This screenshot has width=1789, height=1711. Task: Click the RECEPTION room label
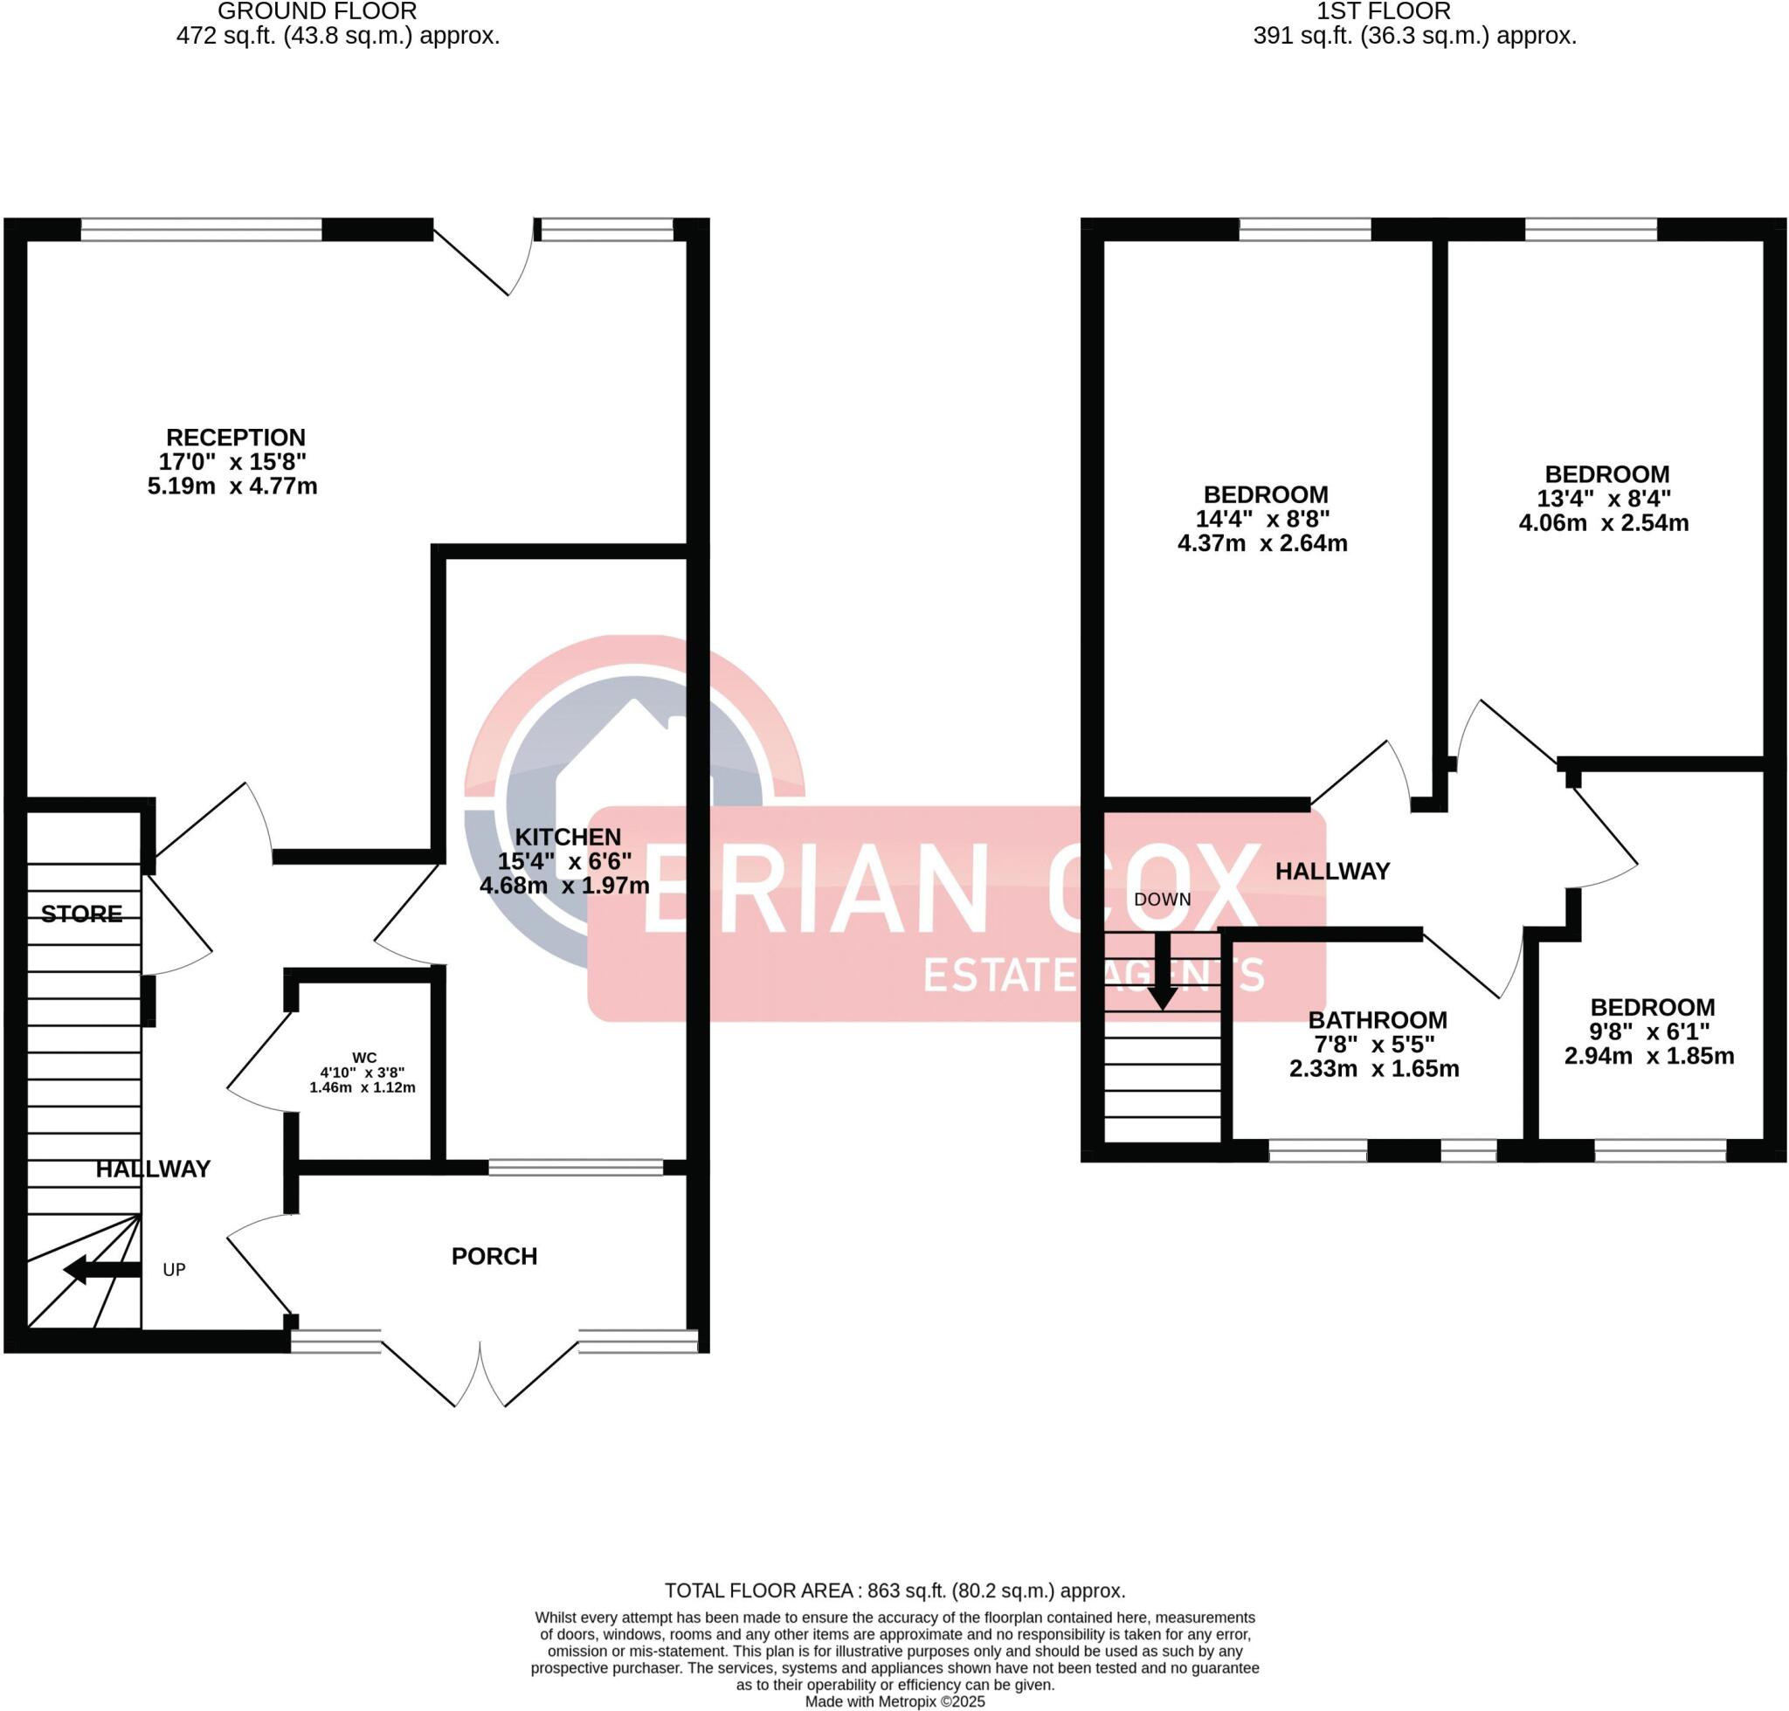coord(235,438)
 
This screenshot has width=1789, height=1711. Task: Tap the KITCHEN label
coord(568,837)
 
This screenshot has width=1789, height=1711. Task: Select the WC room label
coord(364,1058)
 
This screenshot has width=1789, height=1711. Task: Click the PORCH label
coord(494,1257)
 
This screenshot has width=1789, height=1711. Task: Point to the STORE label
coord(81,914)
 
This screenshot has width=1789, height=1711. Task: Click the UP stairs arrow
coord(100,1270)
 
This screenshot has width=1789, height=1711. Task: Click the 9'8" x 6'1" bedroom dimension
coord(1649,1031)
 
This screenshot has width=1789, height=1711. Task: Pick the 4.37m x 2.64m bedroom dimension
coord(1262,543)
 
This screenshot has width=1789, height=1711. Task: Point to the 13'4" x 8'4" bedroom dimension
coord(1604,499)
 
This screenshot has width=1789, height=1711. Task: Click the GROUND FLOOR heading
coord(317,12)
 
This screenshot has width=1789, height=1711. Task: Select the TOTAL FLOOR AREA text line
coord(894,1591)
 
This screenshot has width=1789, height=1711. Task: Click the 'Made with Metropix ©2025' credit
coord(894,1702)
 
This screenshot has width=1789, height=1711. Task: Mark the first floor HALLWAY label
coord(1332,871)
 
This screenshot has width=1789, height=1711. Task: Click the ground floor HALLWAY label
coord(153,1169)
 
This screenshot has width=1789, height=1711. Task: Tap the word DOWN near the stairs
coord(1163,900)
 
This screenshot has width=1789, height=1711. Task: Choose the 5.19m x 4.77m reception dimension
coord(232,486)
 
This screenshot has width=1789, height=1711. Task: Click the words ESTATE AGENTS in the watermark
coord(1093,975)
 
